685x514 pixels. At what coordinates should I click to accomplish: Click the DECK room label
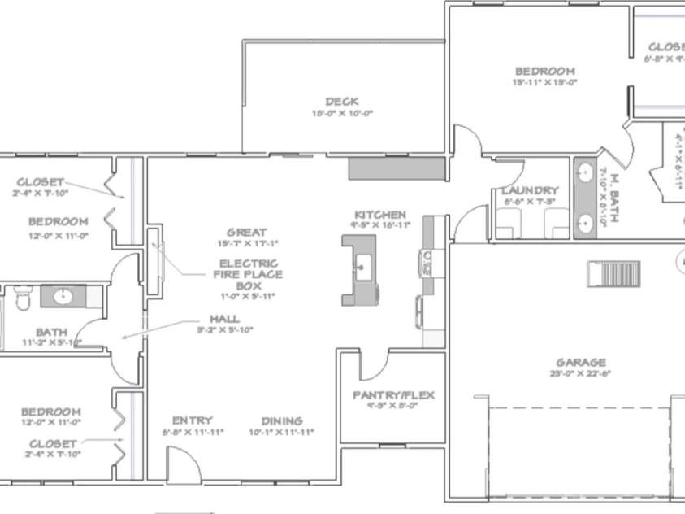342,102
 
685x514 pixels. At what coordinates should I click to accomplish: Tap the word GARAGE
580,363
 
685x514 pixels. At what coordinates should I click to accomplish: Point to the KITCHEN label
379,215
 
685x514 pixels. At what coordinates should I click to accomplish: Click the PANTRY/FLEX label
393,395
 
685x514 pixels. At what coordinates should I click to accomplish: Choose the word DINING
282,421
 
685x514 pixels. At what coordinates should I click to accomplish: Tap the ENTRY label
193,420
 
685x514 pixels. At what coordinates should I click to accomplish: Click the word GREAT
247,233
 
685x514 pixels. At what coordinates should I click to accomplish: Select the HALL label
224,319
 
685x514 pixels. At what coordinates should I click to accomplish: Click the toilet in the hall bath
22,298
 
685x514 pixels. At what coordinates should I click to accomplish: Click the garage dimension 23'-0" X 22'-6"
580,374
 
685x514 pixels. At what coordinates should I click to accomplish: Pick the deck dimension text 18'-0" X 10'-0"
342,114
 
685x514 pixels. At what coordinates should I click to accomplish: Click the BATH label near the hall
50,332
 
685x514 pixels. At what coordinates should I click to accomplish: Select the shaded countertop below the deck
397,169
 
